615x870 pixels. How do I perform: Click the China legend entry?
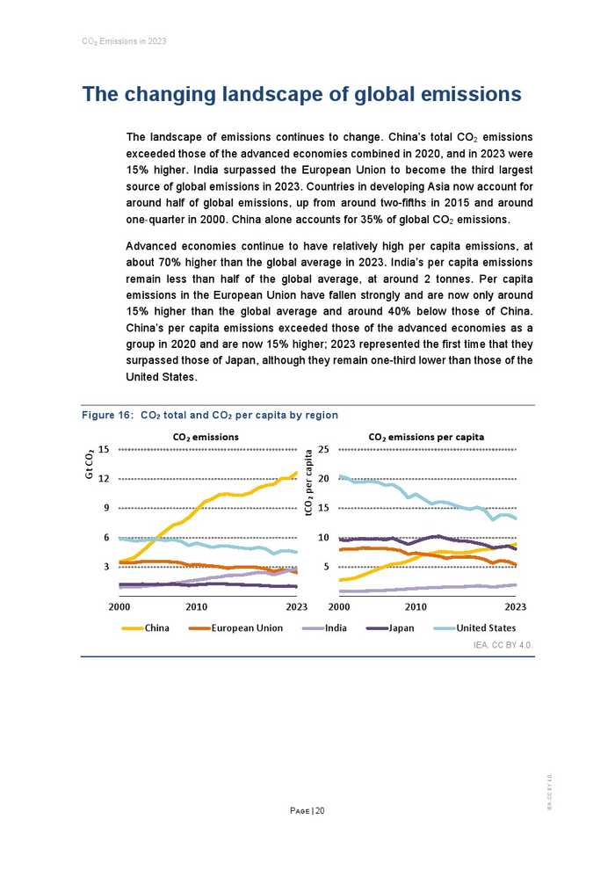click(x=156, y=628)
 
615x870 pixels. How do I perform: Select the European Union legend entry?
click(x=247, y=628)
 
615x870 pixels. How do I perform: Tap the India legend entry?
click(x=336, y=628)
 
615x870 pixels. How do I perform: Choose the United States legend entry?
click(x=486, y=628)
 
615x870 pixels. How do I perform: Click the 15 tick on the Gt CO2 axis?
click(x=103, y=449)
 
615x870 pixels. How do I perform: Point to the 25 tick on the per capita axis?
click(x=322, y=449)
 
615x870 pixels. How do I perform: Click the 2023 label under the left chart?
click(x=296, y=607)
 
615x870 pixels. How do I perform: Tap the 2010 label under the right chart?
click(x=416, y=607)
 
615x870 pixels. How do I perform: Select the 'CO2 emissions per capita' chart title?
click(x=426, y=437)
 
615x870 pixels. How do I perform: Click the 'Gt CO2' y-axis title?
click(x=90, y=464)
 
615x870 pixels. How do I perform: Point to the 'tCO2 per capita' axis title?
click(x=309, y=482)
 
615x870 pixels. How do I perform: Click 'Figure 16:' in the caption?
click(x=107, y=415)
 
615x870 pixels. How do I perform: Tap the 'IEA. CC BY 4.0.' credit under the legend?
click(x=503, y=645)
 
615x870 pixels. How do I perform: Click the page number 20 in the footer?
click(x=320, y=810)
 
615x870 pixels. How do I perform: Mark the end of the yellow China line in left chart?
click(x=297, y=473)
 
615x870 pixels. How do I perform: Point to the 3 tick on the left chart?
click(x=105, y=567)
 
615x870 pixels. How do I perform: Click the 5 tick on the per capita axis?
click(x=325, y=567)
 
